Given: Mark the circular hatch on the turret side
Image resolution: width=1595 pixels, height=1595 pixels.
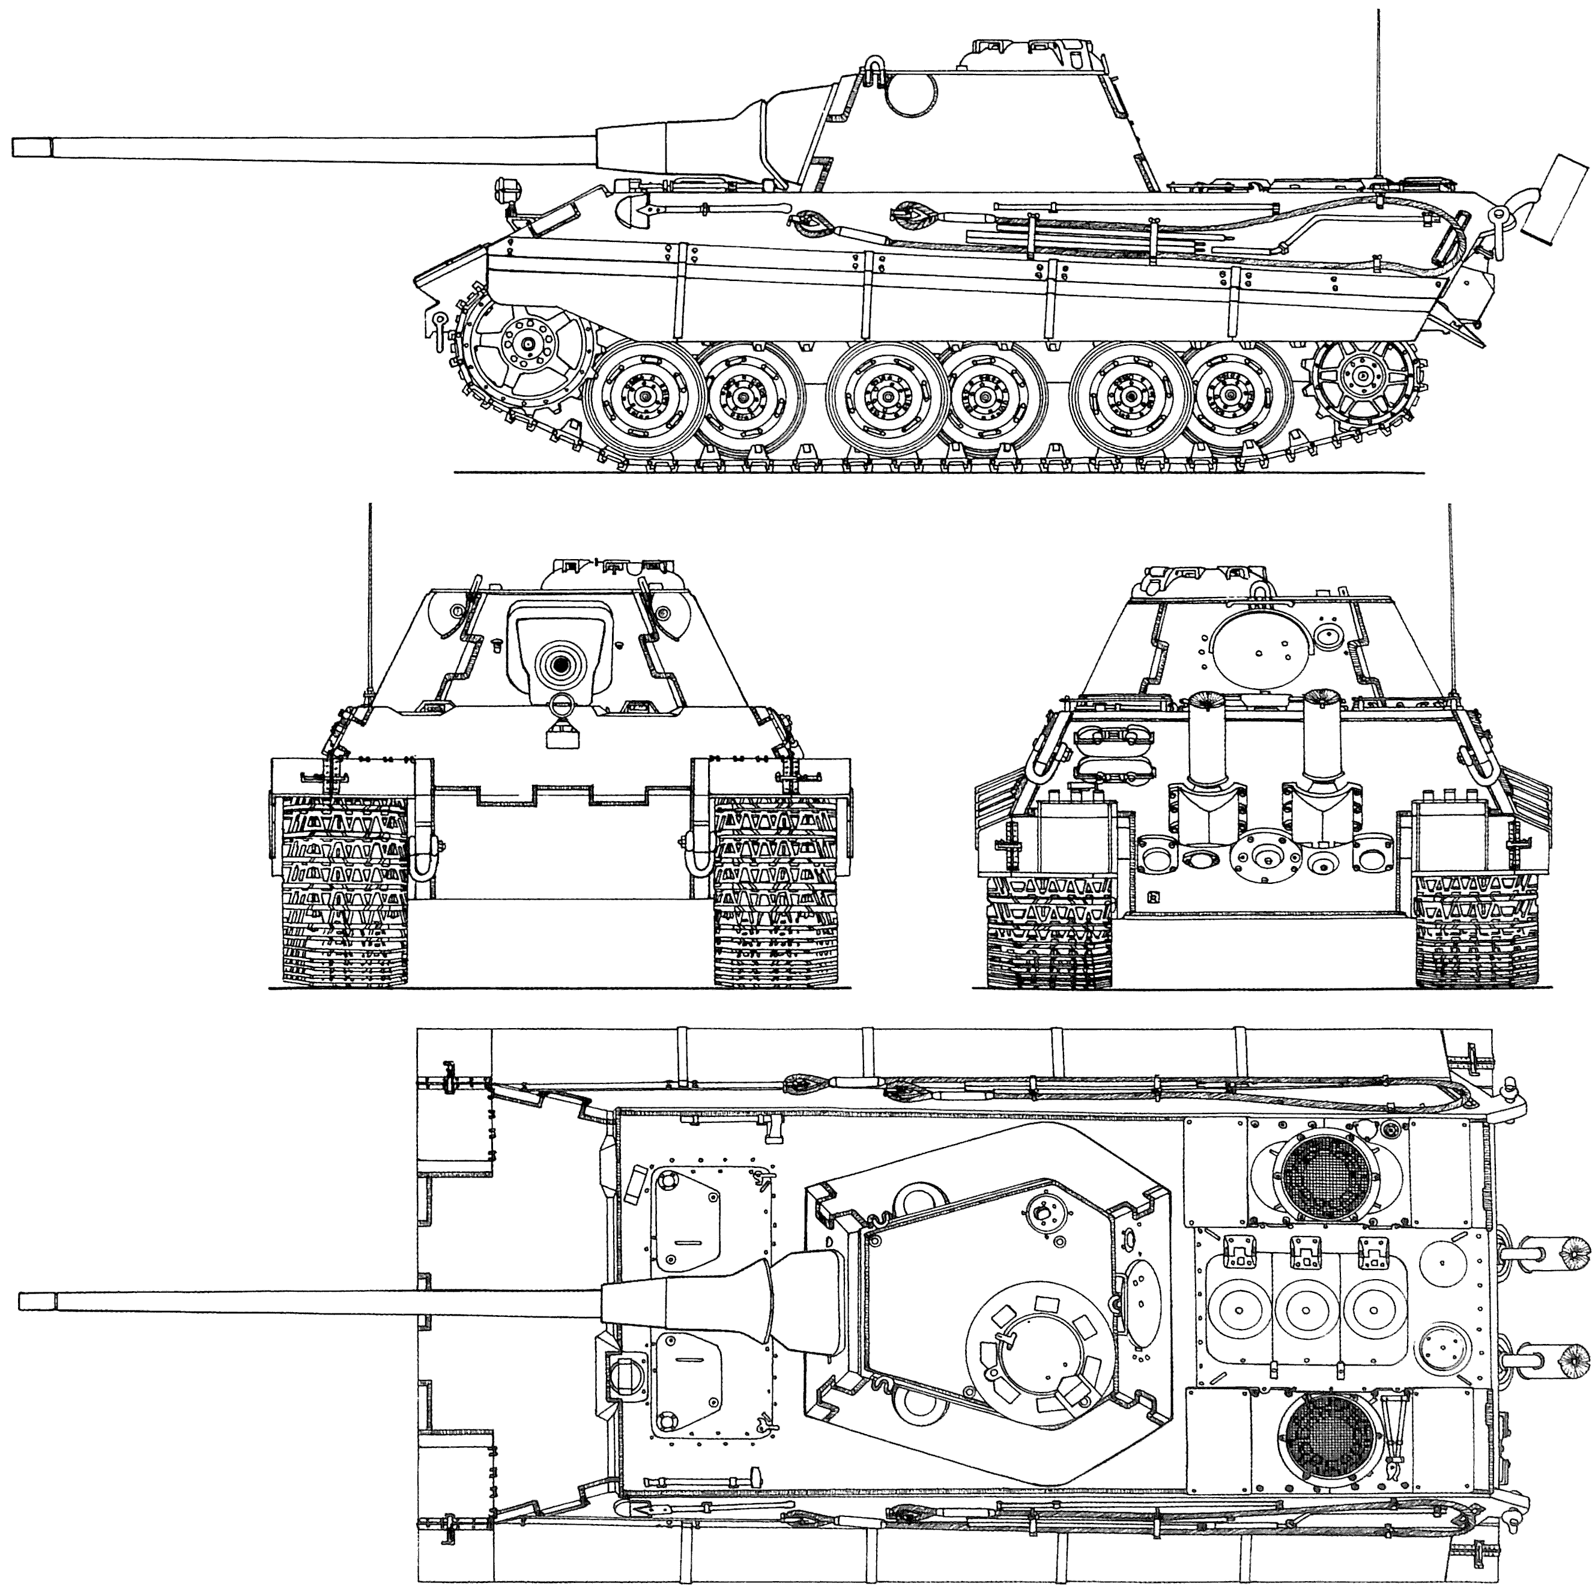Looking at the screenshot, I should (912, 93).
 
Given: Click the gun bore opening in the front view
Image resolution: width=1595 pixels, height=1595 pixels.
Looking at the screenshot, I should (562, 664).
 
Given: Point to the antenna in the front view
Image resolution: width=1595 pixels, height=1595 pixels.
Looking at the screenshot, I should (371, 595).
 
